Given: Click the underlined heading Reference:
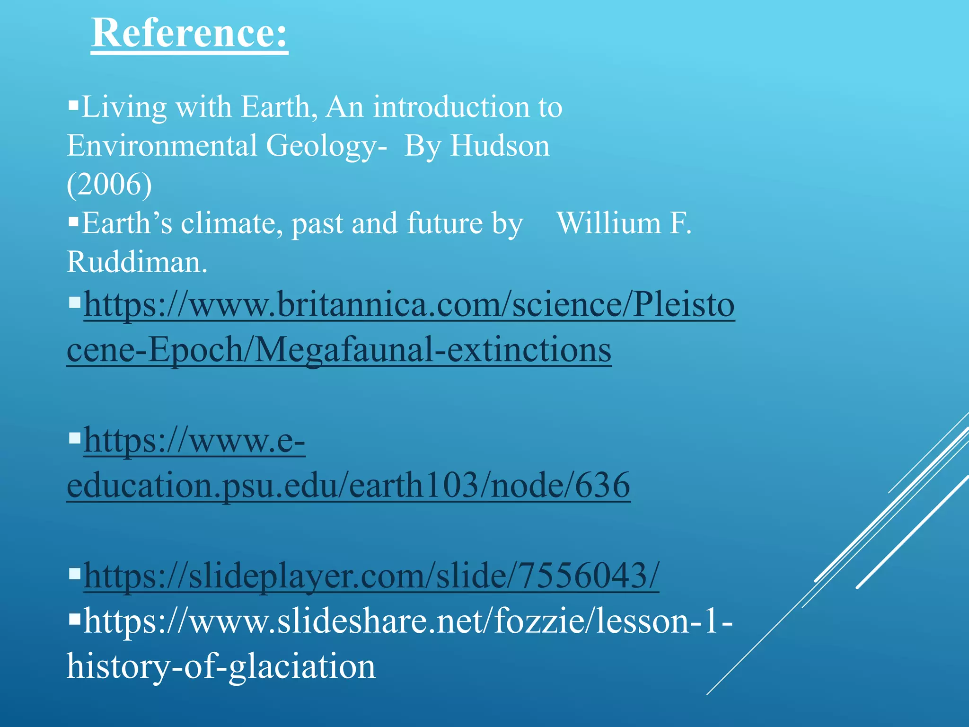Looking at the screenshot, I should coord(189,33).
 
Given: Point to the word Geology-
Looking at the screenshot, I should coord(326,146).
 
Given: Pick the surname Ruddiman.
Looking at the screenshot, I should coord(137,261).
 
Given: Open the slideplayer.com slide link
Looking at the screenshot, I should coord(371,576).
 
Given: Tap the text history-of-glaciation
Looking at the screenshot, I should coord(221,665).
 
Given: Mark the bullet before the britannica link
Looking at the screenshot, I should coord(74,301).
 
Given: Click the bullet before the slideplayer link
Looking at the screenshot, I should coord(74,574).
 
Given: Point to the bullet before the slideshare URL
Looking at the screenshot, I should coord(74,618).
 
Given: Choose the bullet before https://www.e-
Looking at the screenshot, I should coord(74,438).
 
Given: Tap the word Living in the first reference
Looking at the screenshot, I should coord(124,108).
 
